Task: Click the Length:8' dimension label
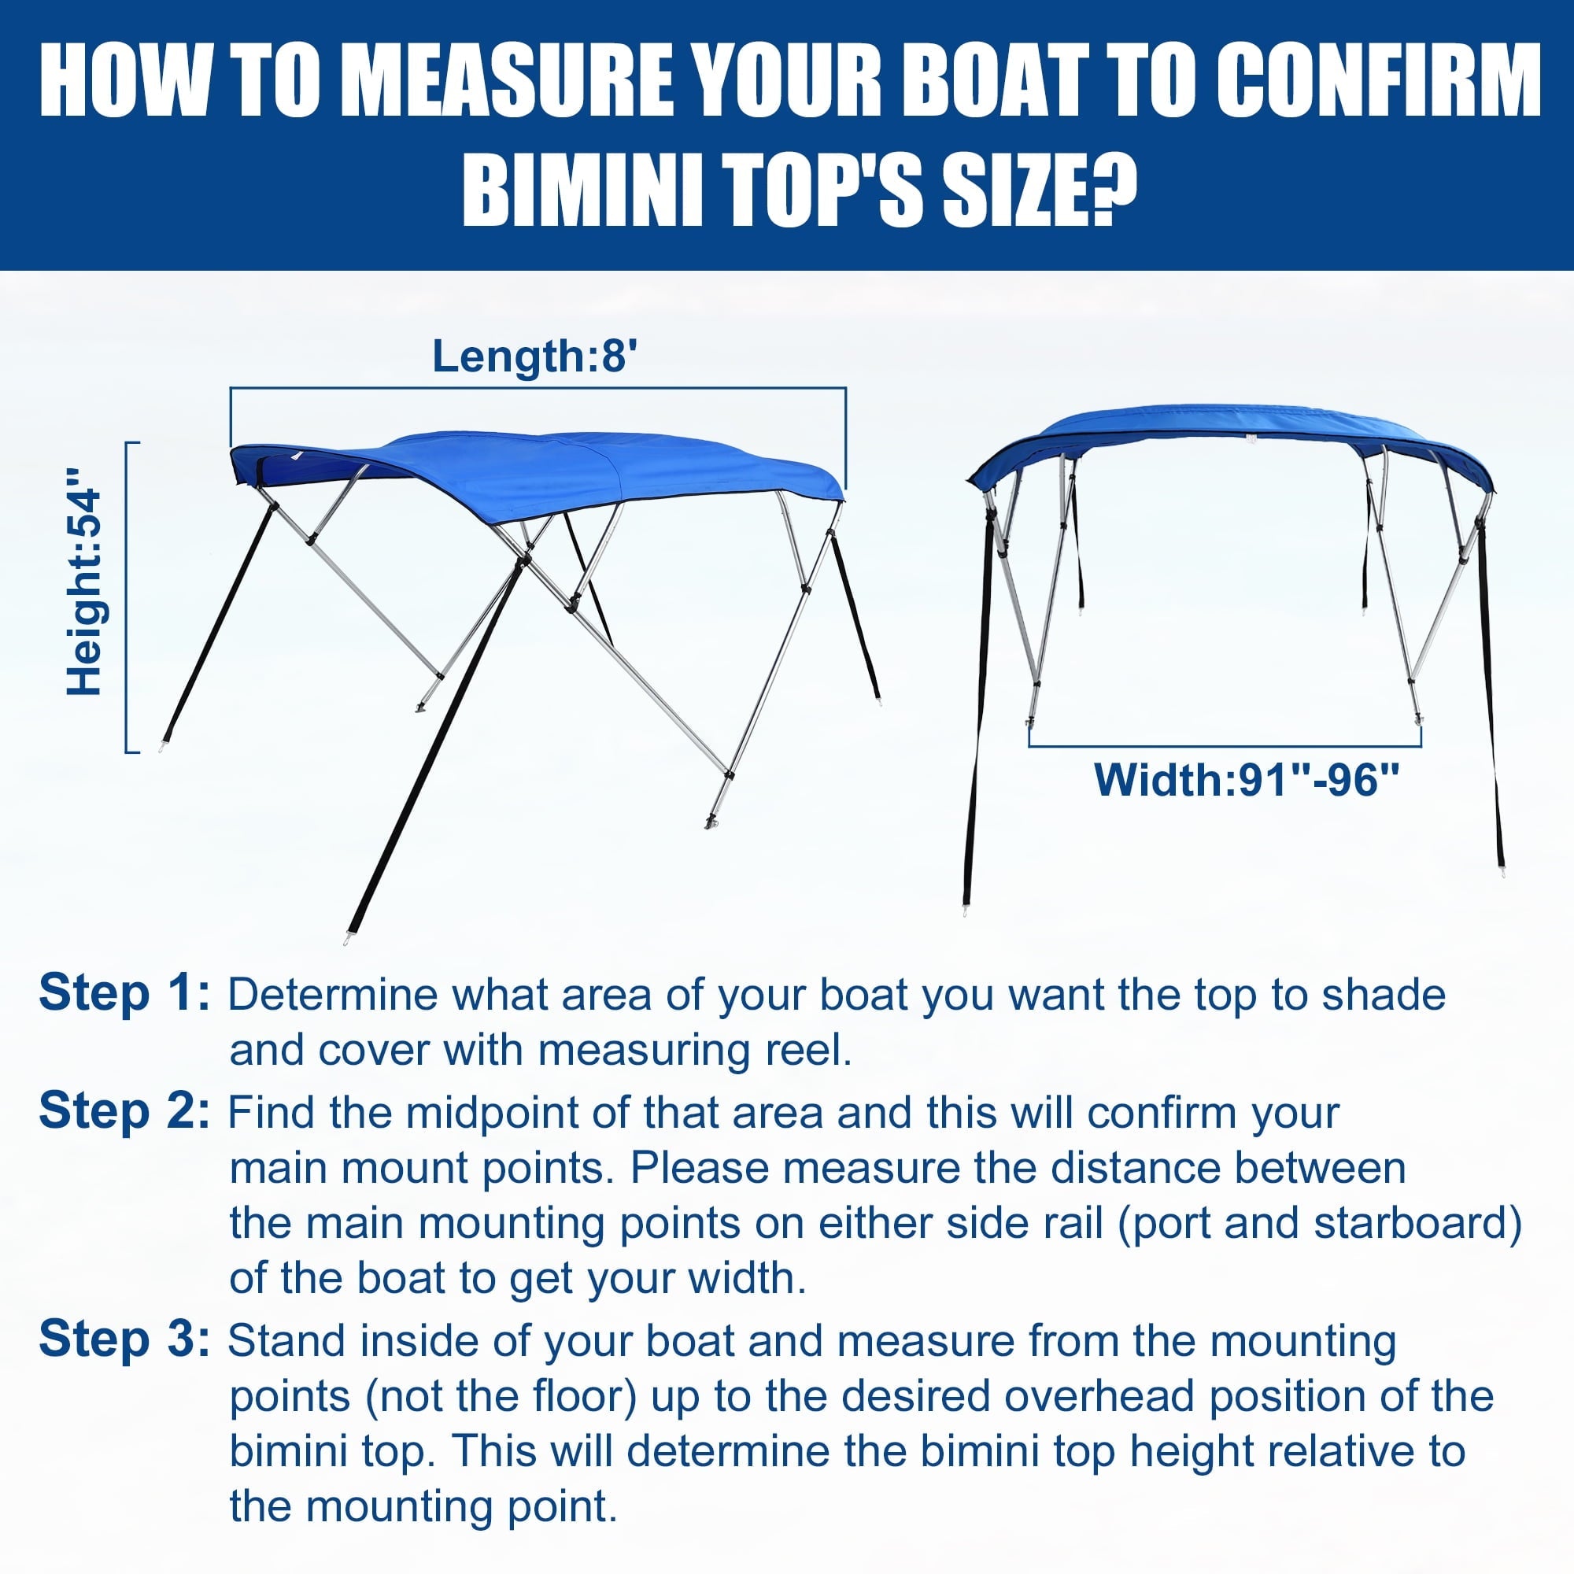point(534,357)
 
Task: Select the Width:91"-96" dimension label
point(1247,780)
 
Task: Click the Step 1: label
point(124,994)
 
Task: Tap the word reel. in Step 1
point(808,1050)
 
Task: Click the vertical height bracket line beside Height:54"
point(126,597)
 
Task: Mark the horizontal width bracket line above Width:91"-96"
point(1225,745)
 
